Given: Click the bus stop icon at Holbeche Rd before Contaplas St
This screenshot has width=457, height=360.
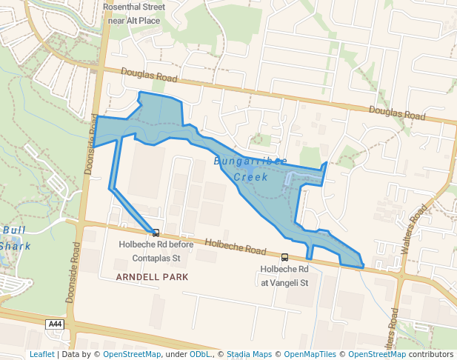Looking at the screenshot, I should (156, 233).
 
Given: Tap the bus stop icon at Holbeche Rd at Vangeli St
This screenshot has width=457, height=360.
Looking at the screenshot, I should (285, 258).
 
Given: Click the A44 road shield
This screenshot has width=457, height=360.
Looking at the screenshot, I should (55, 324).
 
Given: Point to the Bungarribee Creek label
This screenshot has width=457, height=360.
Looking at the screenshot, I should (250, 169).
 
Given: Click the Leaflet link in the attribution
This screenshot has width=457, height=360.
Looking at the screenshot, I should (42, 354).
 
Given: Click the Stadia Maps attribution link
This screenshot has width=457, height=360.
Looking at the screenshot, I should (249, 354).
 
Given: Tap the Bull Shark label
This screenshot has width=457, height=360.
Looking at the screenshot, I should (14, 238).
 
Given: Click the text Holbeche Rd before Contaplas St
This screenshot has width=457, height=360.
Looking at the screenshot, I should (156, 252).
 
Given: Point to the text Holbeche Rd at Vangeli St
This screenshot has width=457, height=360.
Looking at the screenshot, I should (284, 276).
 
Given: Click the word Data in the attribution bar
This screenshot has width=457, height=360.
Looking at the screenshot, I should (72, 354).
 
